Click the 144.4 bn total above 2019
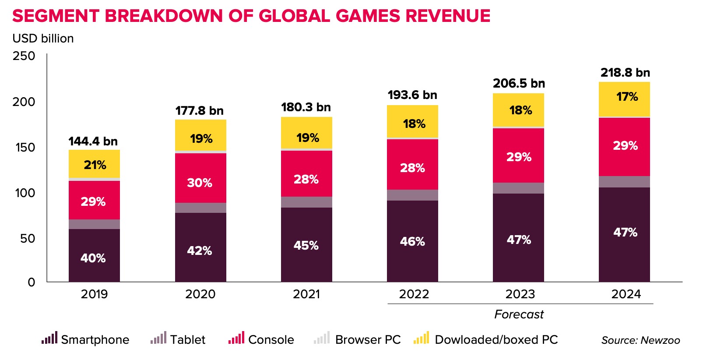pos(93,141)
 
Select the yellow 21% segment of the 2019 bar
pos(94,165)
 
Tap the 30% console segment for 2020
pos(200,182)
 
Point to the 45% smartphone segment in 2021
pos(306,245)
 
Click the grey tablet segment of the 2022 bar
pos(412,195)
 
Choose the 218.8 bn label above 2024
pos(625,73)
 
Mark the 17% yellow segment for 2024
pos(626,97)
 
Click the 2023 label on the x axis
pos(520,294)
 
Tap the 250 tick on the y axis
pos(24,56)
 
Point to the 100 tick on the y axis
pos(25,193)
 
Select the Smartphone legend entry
pos(86,339)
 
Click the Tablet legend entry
pos(178,339)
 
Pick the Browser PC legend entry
pos(358,339)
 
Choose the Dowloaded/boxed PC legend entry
pos(486,339)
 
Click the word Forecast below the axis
pos(519,314)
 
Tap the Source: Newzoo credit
pos(640,340)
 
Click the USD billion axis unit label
pos(43,39)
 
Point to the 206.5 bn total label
pos(519,83)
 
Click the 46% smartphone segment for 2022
pos(412,241)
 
